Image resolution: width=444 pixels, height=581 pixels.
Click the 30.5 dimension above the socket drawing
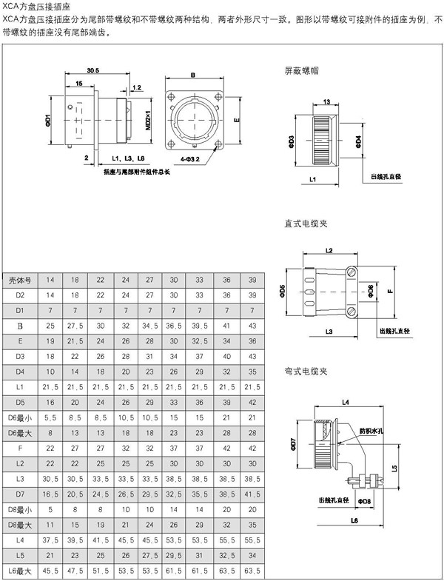[x=93, y=71]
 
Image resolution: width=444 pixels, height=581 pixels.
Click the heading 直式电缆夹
[x=306, y=223]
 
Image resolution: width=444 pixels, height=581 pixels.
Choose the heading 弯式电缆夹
[x=306, y=371]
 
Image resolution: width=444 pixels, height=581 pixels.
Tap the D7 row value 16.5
[x=50, y=493]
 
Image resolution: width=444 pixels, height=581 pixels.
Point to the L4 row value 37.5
[x=50, y=540]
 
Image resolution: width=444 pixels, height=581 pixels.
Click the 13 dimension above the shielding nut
[x=326, y=103]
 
